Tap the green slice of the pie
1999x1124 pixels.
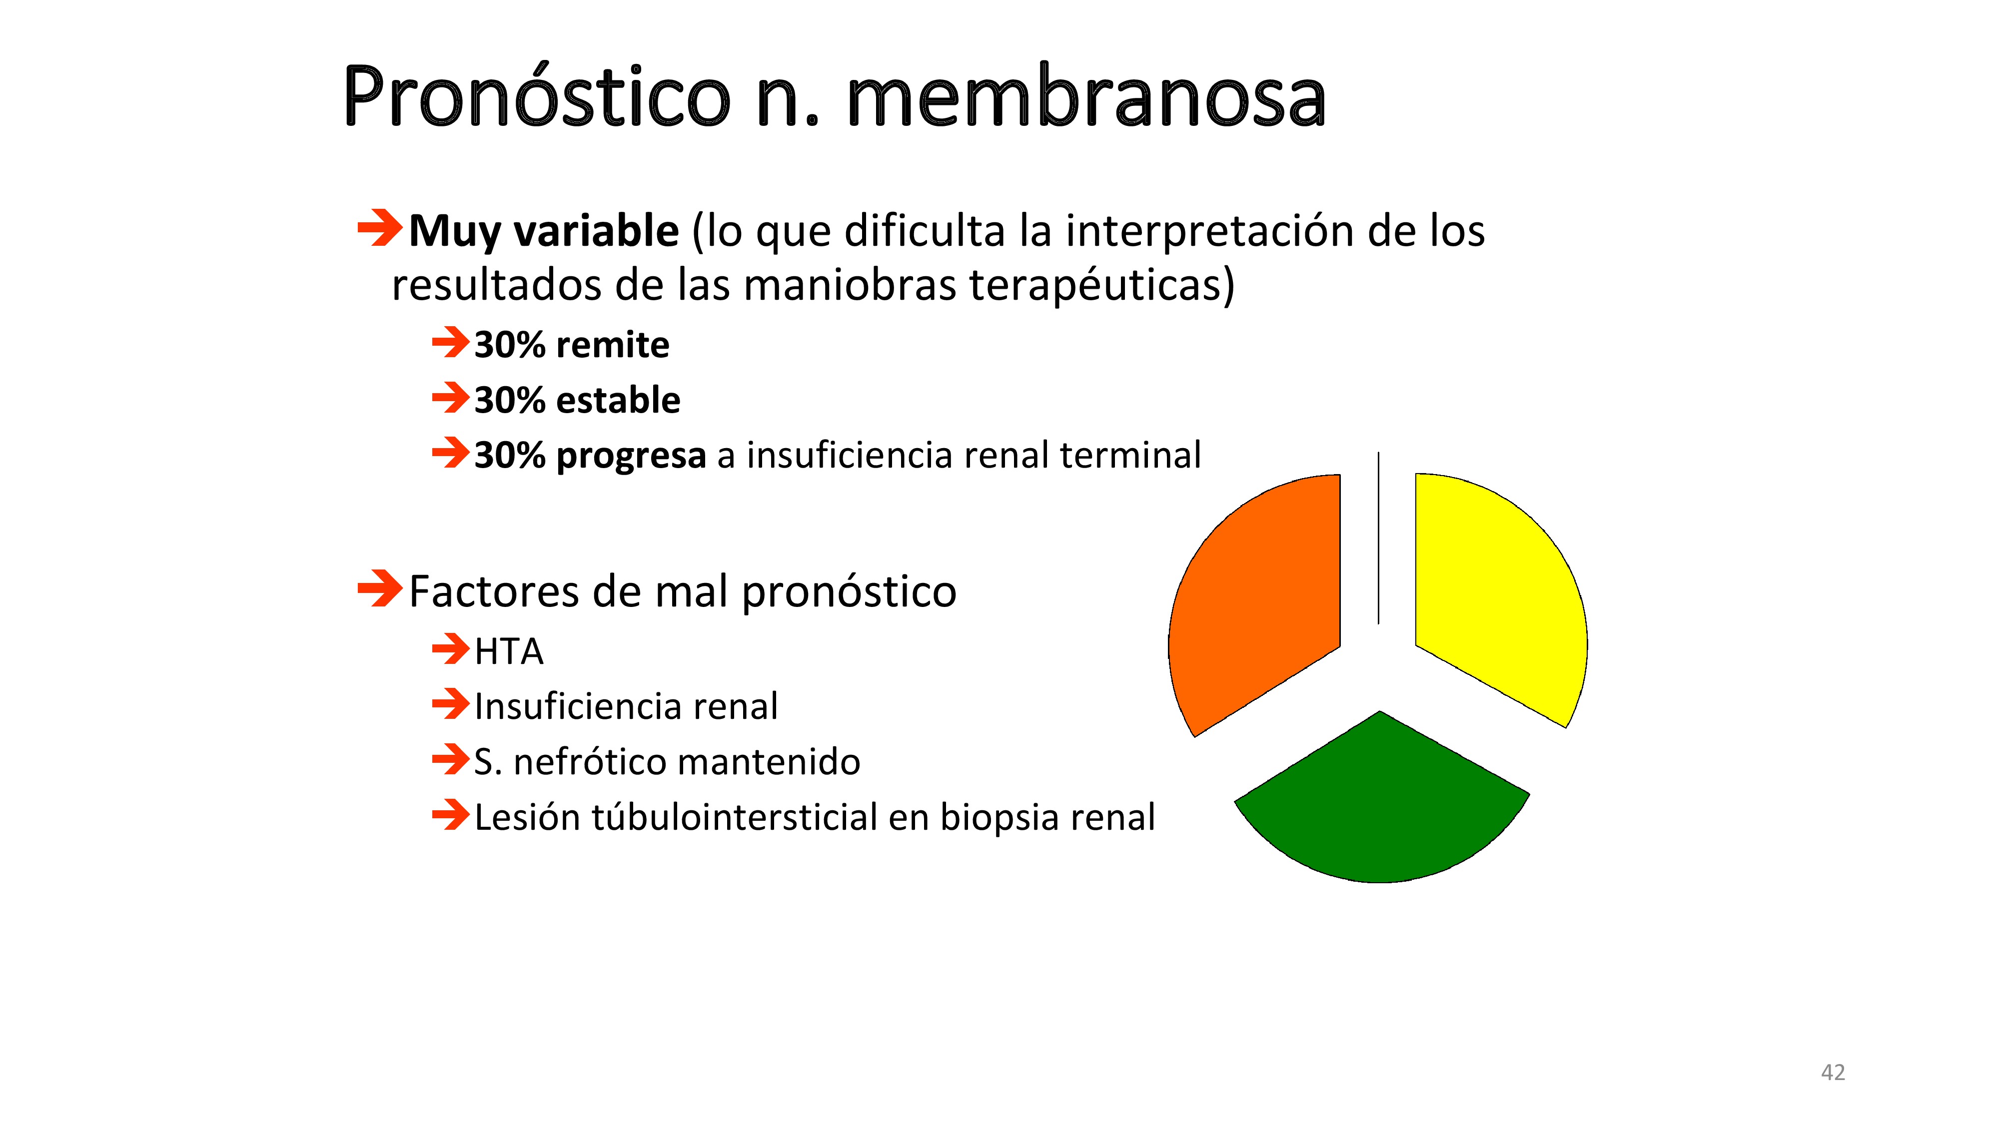[x=1381, y=807]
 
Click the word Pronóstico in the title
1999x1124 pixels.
[x=537, y=96]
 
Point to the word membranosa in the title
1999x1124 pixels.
[x=1086, y=96]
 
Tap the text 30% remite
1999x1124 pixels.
[x=572, y=344]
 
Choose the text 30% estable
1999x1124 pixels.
[x=577, y=400]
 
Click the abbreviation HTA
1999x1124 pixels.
[x=509, y=651]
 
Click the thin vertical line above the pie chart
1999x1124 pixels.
[x=1378, y=538]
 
